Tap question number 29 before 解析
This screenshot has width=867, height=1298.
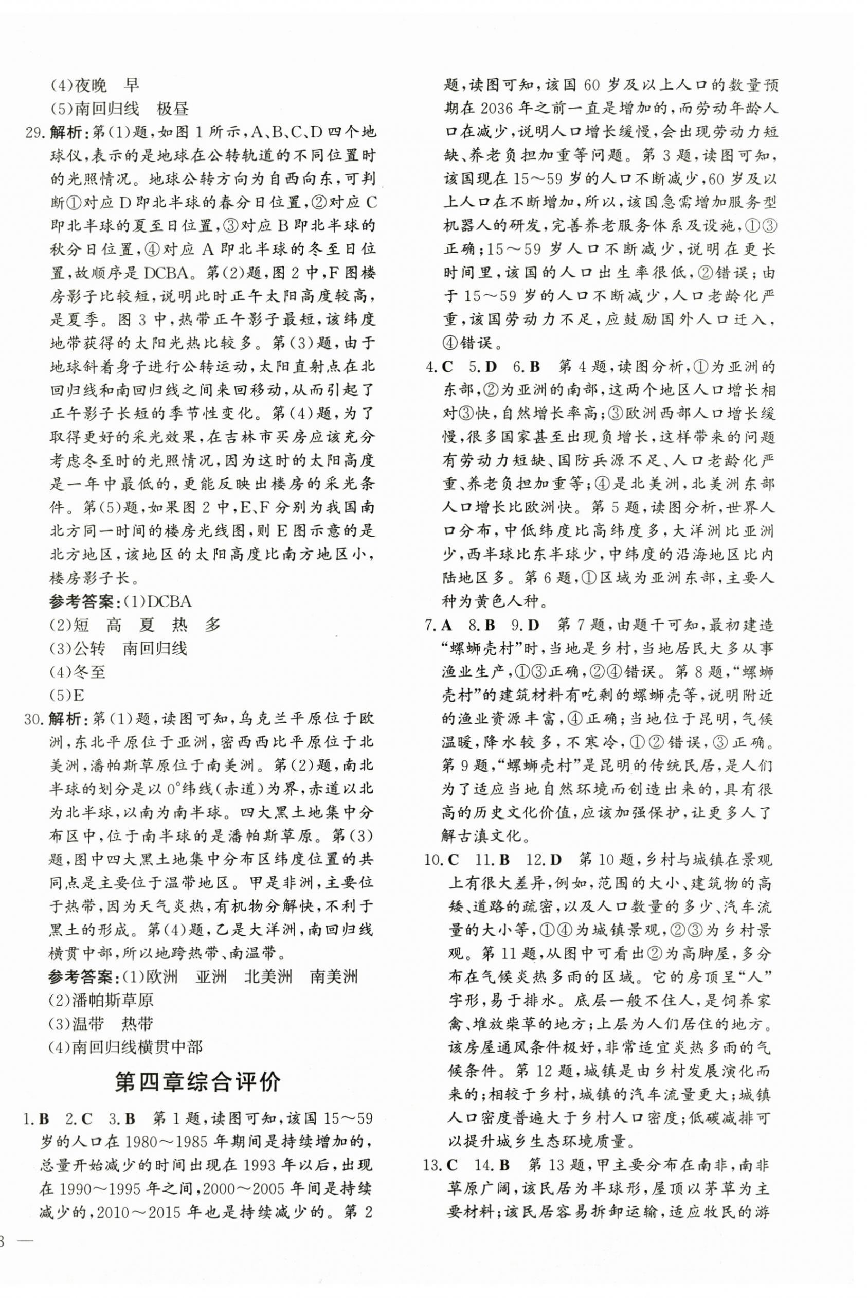[x=35, y=133]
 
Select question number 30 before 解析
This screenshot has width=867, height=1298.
[x=35, y=718]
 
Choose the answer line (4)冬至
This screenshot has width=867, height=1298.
[x=78, y=671]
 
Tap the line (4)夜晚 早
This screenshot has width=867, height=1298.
[x=95, y=85]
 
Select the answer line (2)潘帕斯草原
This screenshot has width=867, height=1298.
[x=101, y=1000]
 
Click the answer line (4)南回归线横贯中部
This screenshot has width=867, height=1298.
[x=126, y=1046]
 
